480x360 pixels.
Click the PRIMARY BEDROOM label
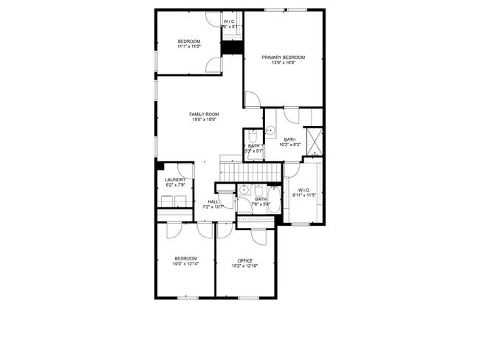[x=284, y=57]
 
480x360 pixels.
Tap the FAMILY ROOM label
[x=205, y=114]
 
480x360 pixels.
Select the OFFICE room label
[x=245, y=260]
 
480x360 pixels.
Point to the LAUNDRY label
[x=175, y=179]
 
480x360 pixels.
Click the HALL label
[x=213, y=201]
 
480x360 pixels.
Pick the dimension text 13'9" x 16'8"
[x=284, y=63]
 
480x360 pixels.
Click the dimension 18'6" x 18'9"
[x=205, y=120]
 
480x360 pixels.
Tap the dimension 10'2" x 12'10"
[x=245, y=266]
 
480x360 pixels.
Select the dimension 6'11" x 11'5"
[x=304, y=195]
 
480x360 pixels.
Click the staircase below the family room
[x=251, y=172]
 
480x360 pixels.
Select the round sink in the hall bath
[x=243, y=190]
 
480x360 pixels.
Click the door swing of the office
[x=258, y=236]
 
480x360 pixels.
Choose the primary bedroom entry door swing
[x=253, y=99]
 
